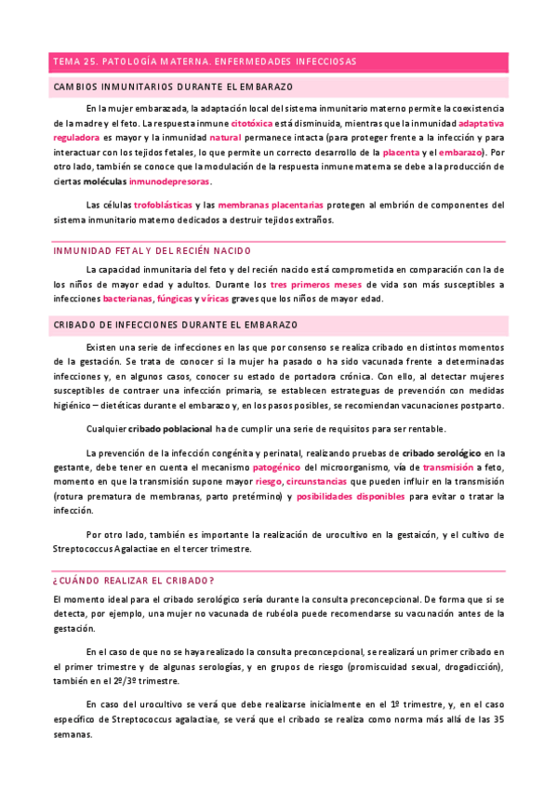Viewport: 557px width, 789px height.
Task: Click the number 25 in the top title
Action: click(x=91, y=61)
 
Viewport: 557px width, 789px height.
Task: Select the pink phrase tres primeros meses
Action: click(x=316, y=284)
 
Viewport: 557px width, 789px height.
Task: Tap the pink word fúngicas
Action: click(x=175, y=299)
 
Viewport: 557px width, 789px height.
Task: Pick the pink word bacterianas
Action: click(x=126, y=299)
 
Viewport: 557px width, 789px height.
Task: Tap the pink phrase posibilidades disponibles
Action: click(x=351, y=497)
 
